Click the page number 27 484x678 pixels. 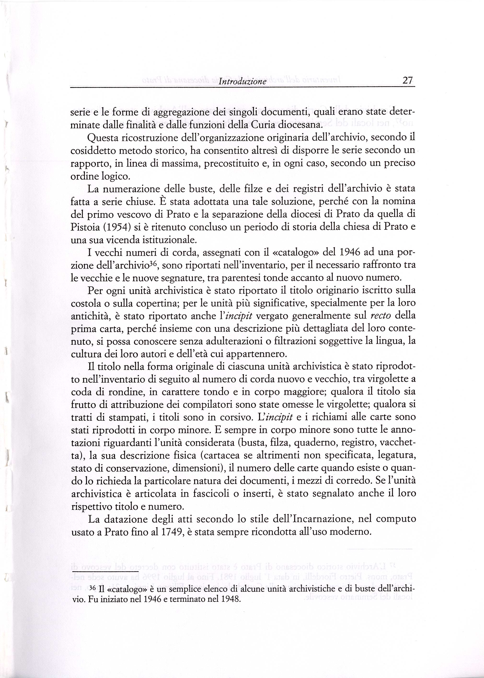pos(407,80)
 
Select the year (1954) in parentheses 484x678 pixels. pos(114,227)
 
